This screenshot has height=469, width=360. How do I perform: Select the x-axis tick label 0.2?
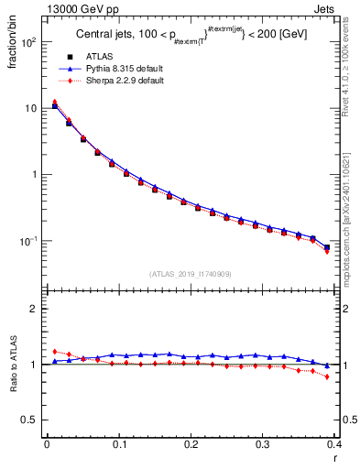pos(191,444)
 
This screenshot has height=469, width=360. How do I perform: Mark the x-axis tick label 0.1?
pos(119,444)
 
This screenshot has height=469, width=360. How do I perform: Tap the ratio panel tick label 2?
pos(35,309)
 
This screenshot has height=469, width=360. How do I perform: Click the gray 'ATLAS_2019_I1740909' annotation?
pos(191,274)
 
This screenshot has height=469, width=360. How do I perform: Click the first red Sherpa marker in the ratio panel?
pos(55,351)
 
